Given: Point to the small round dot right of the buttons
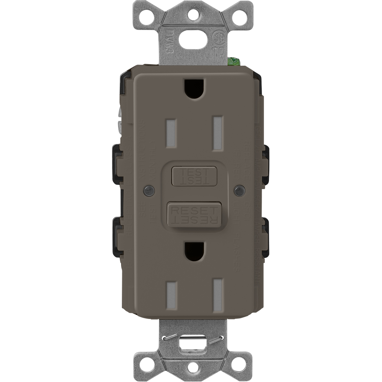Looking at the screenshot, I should coord(240,190).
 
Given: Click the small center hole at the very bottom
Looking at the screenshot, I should coord(194,367).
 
